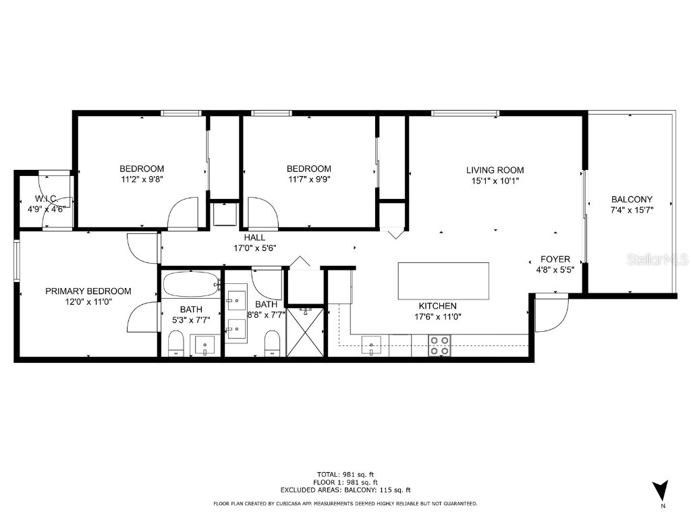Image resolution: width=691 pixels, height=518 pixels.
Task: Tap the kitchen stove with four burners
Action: coord(439,345)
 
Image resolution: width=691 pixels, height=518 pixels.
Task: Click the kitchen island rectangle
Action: coord(443,281)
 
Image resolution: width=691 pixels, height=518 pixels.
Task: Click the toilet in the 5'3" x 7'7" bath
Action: coord(175,342)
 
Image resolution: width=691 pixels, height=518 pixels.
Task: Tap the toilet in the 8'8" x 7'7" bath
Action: coord(272,342)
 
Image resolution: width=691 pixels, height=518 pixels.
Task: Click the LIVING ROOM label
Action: coord(495,170)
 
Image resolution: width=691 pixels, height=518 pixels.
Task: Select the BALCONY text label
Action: coord(632,199)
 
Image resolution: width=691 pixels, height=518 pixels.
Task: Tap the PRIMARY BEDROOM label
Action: coord(88,291)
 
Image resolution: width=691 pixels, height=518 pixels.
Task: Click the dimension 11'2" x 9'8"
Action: coord(142,179)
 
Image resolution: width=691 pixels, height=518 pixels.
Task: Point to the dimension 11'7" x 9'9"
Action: coord(308,179)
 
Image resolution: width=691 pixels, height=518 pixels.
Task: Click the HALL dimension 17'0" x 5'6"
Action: coord(254,248)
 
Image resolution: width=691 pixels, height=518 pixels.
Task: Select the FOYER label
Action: coord(555,259)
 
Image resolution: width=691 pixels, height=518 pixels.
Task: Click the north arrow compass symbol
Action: coord(661,491)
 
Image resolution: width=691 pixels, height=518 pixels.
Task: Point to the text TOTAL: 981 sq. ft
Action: coord(345,473)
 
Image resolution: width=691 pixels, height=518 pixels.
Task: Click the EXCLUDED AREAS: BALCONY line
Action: coord(345,490)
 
